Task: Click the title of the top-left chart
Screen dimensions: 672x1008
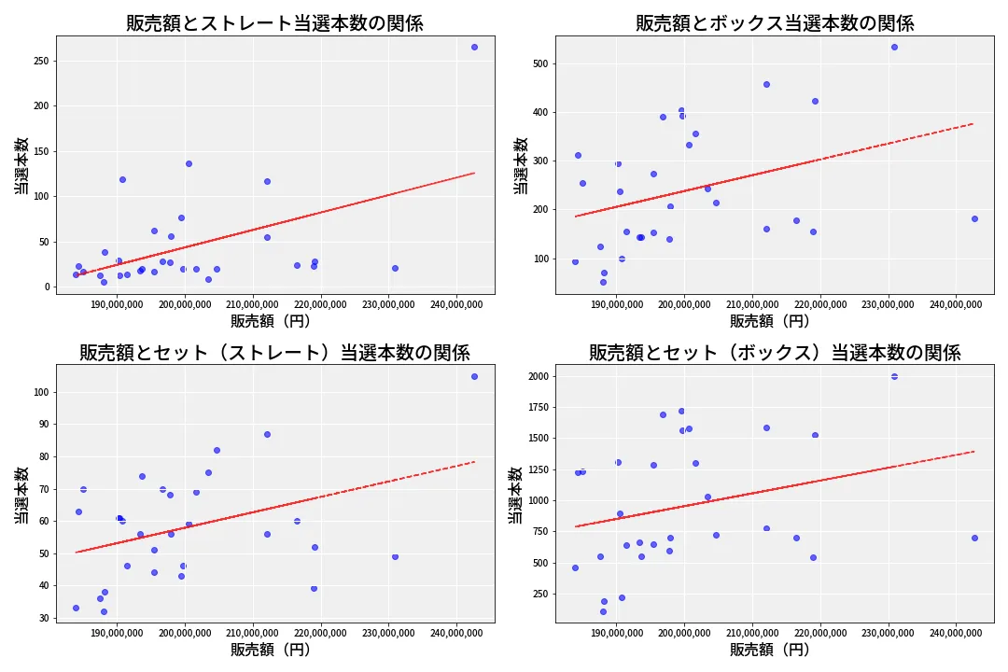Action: [274, 23]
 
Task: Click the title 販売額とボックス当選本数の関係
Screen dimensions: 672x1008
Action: [775, 23]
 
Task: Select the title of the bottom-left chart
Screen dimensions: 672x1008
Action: [274, 353]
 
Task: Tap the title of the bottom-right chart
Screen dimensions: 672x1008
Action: [775, 353]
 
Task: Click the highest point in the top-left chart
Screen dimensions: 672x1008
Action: [474, 47]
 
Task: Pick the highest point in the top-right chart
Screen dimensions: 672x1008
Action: [894, 47]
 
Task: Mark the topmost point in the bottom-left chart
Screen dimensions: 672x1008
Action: [474, 376]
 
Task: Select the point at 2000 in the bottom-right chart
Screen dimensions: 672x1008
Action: [894, 376]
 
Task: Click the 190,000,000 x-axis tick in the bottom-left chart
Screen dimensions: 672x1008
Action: [118, 635]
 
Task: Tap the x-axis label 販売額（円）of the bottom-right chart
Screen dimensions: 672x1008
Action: [770, 650]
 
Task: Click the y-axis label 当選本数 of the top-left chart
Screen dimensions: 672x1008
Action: [21, 165]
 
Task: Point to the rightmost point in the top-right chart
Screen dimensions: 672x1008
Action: [974, 218]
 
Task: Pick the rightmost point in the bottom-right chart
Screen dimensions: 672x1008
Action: [974, 538]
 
